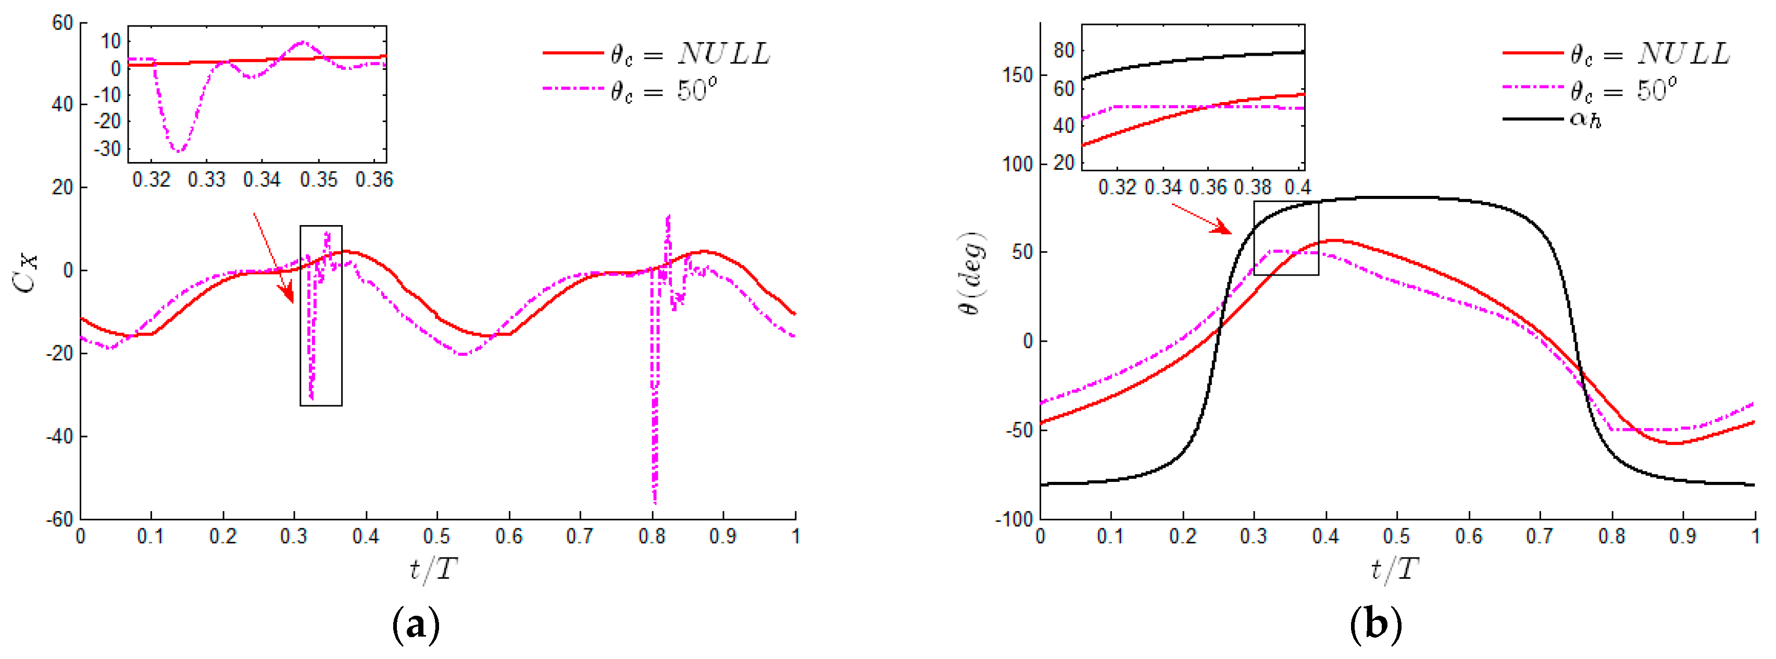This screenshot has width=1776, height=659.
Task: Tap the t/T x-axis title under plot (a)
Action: [x=433, y=570]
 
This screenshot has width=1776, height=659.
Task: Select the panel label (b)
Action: [x=1375, y=625]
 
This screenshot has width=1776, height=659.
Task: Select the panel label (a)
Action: [x=415, y=625]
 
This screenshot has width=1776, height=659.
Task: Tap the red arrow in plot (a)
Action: [x=274, y=258]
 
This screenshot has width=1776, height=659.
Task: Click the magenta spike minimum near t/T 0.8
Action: [x=654, y=502]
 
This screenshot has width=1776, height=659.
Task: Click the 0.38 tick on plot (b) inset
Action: [x=1252, y=188]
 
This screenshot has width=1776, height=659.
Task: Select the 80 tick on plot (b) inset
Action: [x=1063, y=51]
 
